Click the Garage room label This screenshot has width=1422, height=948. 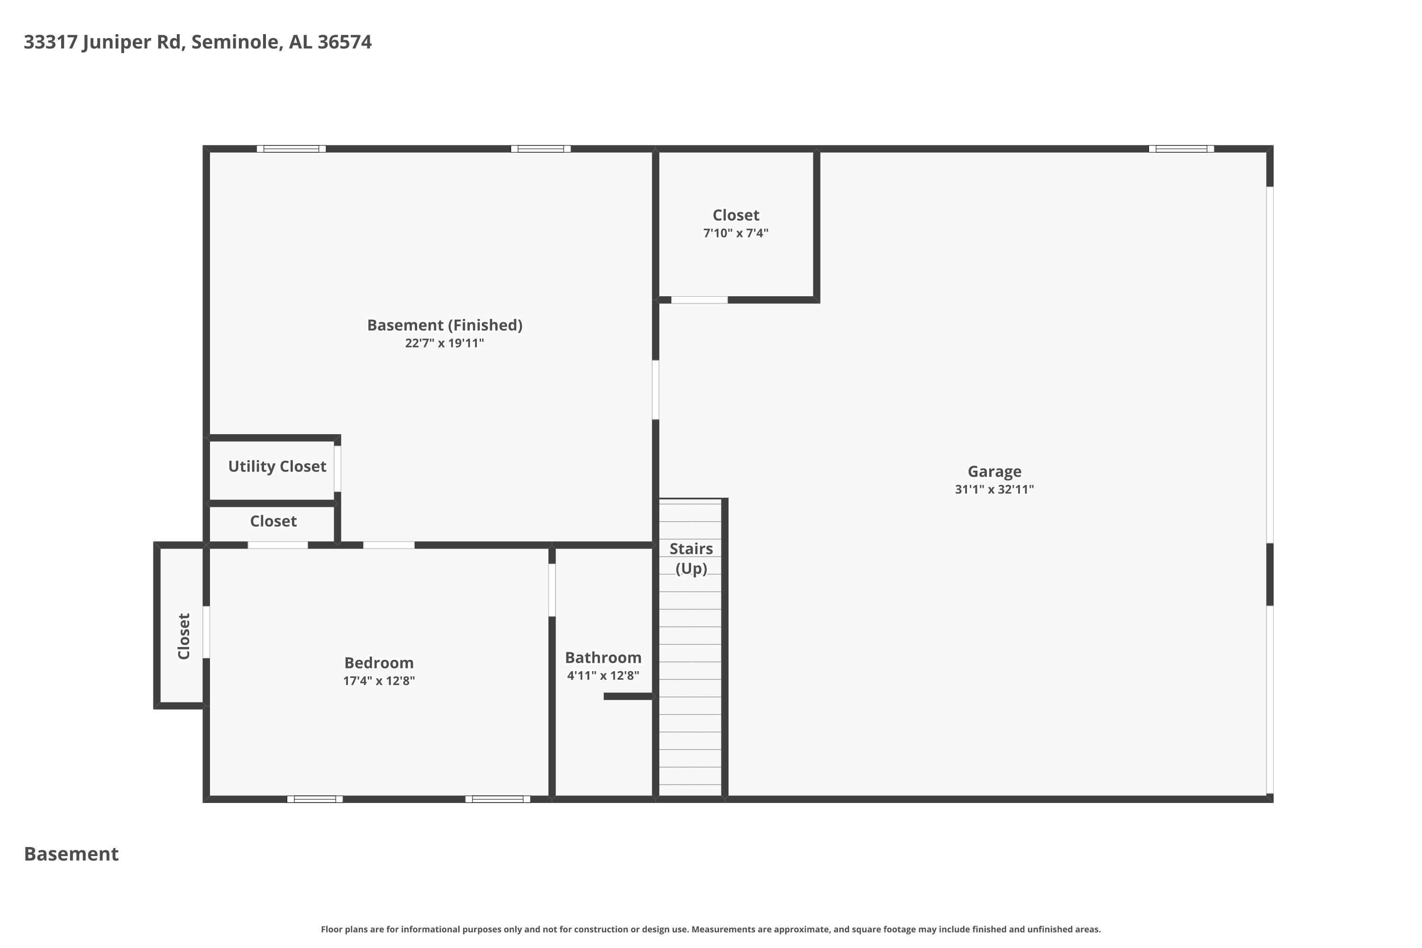(x=994, y=472)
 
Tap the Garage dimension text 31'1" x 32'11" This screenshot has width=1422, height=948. (x=994, y=489)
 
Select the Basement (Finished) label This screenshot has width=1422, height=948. (x=445, y=325)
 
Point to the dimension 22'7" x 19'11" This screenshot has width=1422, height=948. (x=445, y=343)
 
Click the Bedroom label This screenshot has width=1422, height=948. (x=379, y=663)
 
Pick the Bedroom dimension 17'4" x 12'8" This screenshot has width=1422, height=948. (x=379, y=681)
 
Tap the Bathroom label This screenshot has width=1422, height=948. (x=603, y=658)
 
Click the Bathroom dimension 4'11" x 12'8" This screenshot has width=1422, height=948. (x=603, y=675)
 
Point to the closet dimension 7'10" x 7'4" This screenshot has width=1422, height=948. (x=736, y=233)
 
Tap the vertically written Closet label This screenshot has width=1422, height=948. (x=184, y=636)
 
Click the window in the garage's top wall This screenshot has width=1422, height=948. (x=1181, y=149)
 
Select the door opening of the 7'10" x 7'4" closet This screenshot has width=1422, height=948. (x=700, y=300)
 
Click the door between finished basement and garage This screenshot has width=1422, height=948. (x=656, y=390)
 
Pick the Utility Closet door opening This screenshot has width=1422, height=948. (x=337, y=469)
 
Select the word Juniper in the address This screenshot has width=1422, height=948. (x=116, y=42)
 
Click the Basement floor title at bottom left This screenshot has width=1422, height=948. (x=72, y=854)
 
